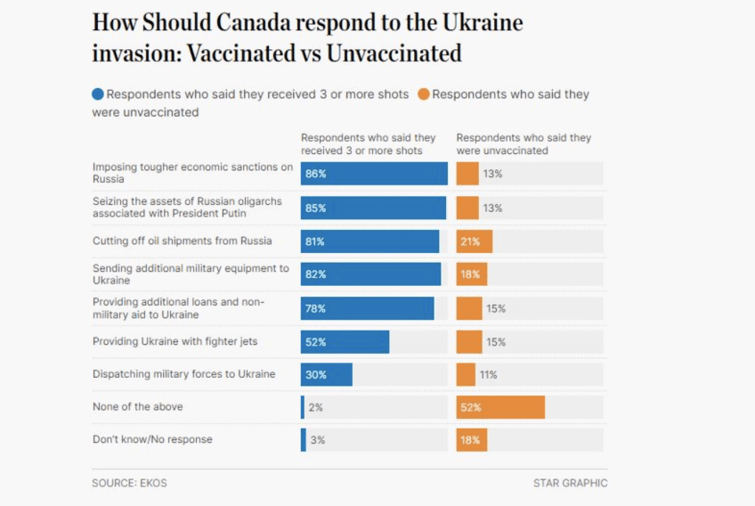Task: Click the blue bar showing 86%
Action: pos(374,174)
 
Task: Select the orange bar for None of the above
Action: pos(500,407)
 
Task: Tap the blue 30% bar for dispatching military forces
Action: pos(327,374)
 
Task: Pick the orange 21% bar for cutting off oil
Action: pos(474,241)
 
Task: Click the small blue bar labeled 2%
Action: pos(303,407)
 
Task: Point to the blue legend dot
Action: pos(98,94)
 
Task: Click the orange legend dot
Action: pos(424,94)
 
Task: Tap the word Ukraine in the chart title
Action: pos(486,22)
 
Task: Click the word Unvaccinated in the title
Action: pos(394,53)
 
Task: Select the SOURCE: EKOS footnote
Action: pos(129,483)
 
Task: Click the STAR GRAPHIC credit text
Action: pos(570,483)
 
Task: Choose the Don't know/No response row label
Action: pos(152,439)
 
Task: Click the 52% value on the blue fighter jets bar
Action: pos(316,341)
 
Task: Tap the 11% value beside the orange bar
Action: pos(489,374)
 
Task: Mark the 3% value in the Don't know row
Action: pos(316,440)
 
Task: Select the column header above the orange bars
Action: pos(524,144)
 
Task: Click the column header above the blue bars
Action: pos(368,144)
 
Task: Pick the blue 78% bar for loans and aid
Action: pos(367,308)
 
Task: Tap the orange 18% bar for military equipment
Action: pos(471,274)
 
